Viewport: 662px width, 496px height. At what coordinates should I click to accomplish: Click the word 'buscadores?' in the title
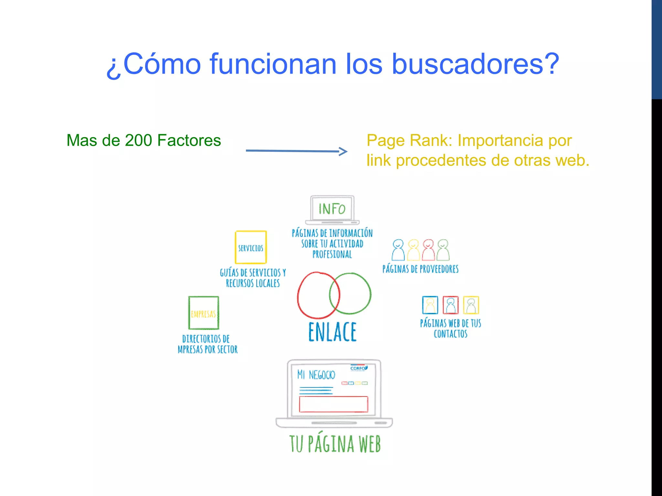tap(475, 64)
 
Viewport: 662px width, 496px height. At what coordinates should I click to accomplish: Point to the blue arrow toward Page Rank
tap(296, 151)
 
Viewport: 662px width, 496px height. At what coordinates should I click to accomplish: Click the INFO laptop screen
tap(332, 209)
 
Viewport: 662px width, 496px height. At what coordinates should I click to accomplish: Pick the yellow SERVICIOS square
tap(251, 247)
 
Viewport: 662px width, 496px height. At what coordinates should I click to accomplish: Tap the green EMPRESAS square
tap(204, 313)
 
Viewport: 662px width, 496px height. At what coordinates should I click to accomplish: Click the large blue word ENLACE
tap(332, 332)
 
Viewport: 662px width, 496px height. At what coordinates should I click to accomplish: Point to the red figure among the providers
tap(429, 250)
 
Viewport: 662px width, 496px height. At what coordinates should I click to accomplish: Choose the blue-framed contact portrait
tap(430, 305)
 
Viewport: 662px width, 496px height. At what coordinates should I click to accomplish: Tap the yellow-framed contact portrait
tap(471, 305)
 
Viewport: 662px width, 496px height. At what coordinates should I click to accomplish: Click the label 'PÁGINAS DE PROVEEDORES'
tap(420, 269)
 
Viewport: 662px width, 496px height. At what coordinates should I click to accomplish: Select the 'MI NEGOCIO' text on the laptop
tap(316, 375)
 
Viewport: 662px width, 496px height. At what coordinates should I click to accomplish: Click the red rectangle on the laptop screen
tap(333, 404)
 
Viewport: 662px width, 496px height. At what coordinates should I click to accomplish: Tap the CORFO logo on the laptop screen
tap(358, 368)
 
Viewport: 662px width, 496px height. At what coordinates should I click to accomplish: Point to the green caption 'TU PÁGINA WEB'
tap(335, 444)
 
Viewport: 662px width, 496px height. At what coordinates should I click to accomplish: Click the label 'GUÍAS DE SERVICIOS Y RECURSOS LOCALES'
tap(253, 278)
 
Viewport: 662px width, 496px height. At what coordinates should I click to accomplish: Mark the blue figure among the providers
tap(398, 250)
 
